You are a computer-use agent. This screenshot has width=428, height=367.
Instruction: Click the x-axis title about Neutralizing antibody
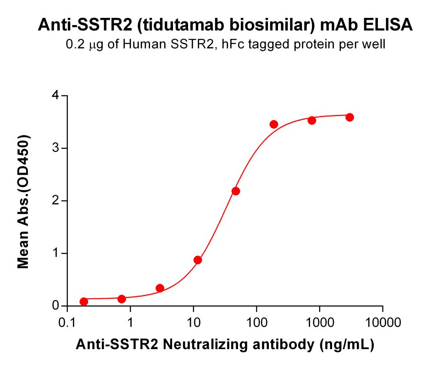point(225,344)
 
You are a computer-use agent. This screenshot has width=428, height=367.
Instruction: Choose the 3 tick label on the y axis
point(56,148)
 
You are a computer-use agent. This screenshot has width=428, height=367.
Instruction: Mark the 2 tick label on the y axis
point(56,201)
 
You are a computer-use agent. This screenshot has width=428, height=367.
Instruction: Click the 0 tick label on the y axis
point(56,306)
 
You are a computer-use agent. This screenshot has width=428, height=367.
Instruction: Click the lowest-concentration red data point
point(83,301)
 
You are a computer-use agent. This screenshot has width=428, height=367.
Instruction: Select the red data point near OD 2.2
point(236,191)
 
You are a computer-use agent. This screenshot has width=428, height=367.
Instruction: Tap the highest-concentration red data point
point(350,117)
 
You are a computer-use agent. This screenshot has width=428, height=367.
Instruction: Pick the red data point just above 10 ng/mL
point(198,260)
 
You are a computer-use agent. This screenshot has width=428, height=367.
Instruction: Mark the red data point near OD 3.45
point(274,124)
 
